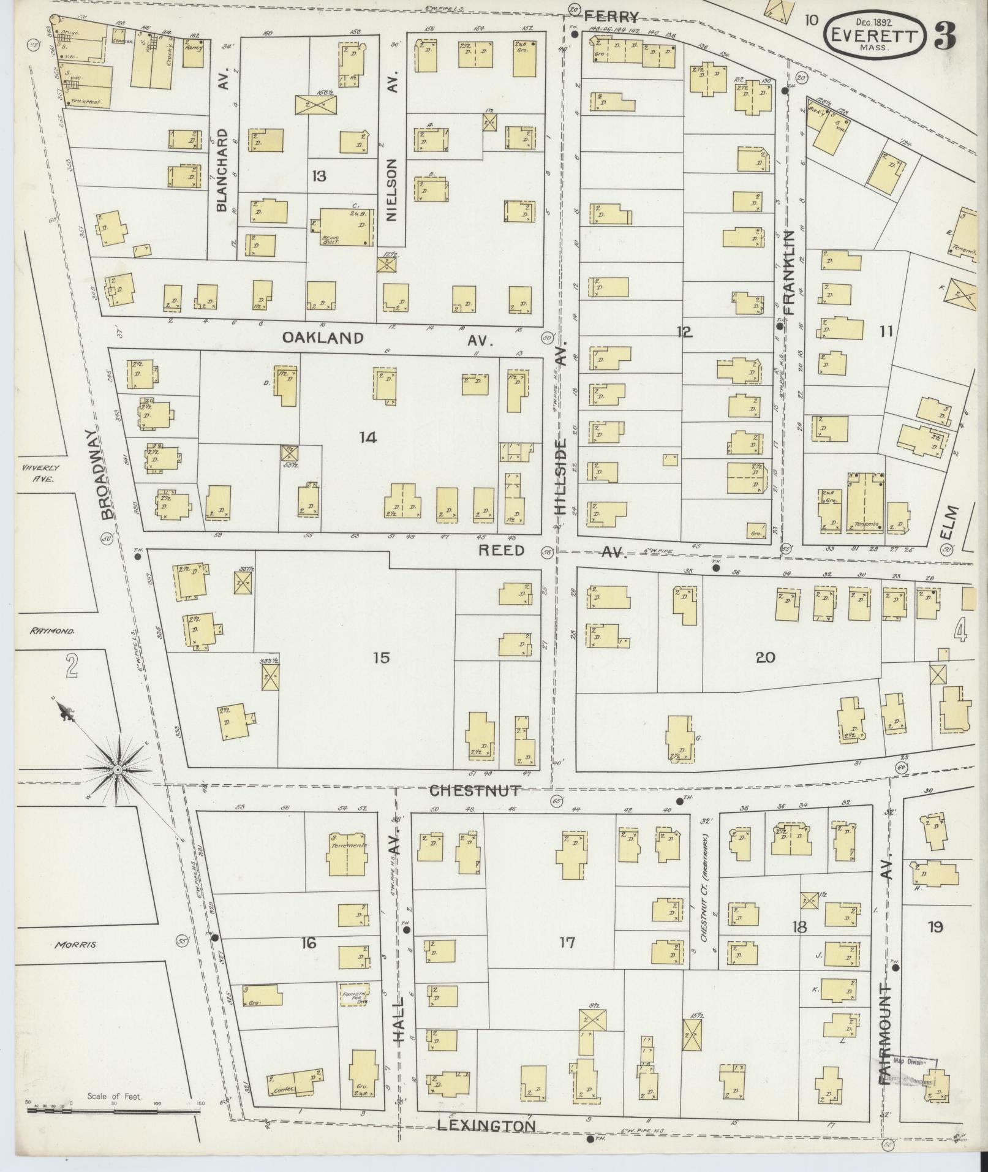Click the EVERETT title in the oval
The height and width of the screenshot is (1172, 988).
[874, 34]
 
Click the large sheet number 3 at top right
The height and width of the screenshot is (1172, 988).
[945, 36]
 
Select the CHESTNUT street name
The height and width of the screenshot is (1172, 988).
[475, 790]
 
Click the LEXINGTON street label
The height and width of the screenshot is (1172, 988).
[486, 1125]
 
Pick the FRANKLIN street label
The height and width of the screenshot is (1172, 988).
[788, 272]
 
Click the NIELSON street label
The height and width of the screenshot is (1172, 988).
[392, 190]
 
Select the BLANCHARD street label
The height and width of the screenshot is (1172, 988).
[222, 170]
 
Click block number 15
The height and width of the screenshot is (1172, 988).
[380, 658]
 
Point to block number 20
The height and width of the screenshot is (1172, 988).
[766, 657]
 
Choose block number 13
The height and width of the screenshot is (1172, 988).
[319, 176]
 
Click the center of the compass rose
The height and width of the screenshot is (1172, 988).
[116, 769]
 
